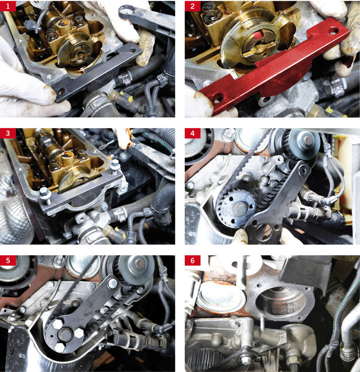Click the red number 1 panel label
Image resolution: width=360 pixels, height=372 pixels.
[x=8, y=6]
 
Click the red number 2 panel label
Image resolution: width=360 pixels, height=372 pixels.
[x=193, y=6]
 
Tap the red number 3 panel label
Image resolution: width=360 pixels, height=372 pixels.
[x=8, y=133]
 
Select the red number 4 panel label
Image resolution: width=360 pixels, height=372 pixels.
[x=193, y=133]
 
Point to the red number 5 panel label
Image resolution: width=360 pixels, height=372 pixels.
[x=8, y=261]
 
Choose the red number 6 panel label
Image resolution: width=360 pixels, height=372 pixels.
[x=193, y=261]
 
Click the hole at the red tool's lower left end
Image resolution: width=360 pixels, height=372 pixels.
[x=218, y=97]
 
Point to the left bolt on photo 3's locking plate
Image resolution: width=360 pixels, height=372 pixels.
[x=46, y=195]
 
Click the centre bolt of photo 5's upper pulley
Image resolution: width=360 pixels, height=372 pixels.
[x=140, y=263]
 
